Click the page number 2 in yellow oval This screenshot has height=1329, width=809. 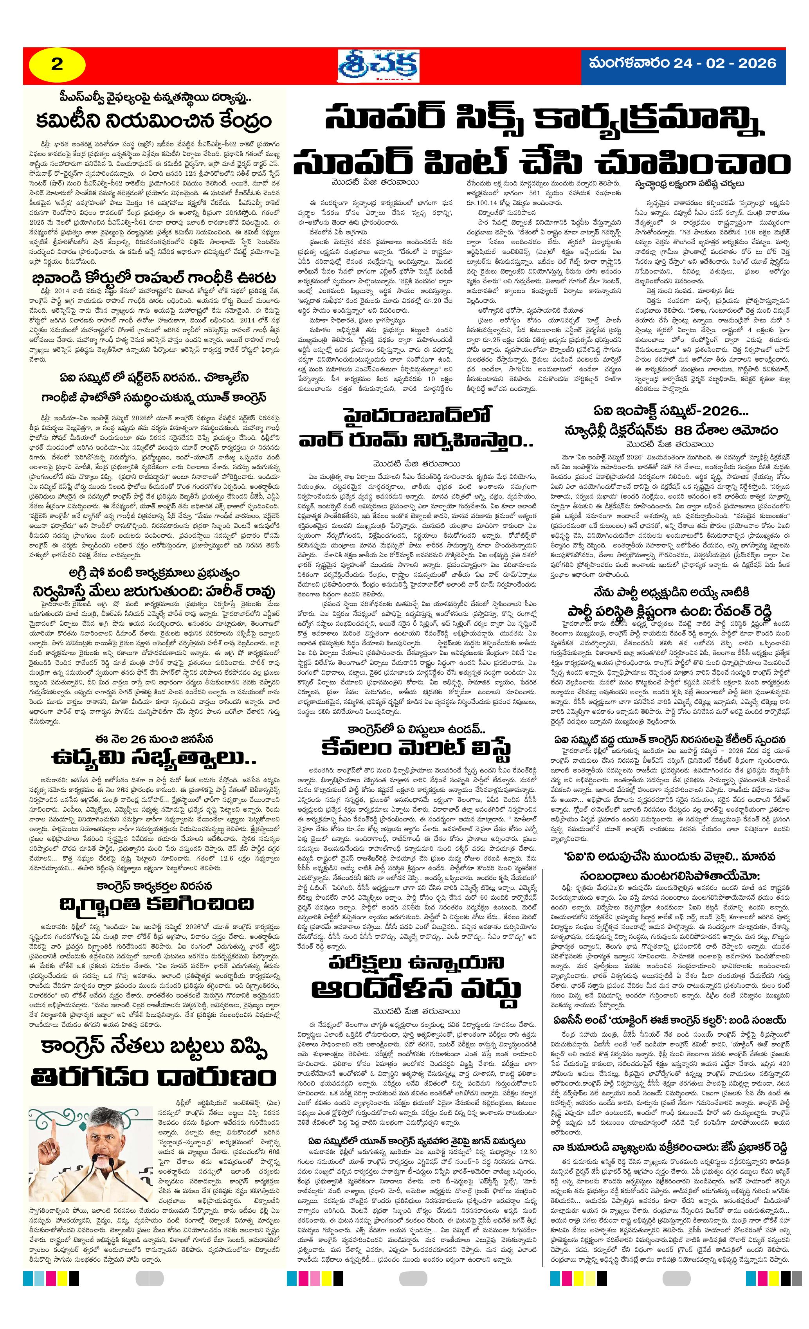pos(57,64)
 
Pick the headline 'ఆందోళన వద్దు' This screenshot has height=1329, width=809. pos(416,989)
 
